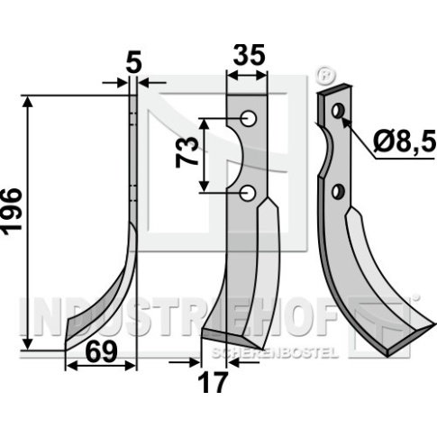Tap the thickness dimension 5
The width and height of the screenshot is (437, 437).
(133, 64)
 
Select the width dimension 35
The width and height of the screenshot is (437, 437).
(249, 55)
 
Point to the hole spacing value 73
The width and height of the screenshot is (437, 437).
(187, 152)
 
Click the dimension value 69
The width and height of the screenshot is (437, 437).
(101, 352)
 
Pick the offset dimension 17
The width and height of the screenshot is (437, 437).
(214, 382)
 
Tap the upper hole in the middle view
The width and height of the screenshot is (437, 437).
(250, 119)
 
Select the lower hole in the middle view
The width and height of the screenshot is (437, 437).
(249, 193)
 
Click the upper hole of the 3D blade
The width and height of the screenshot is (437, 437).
(338, 111)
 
